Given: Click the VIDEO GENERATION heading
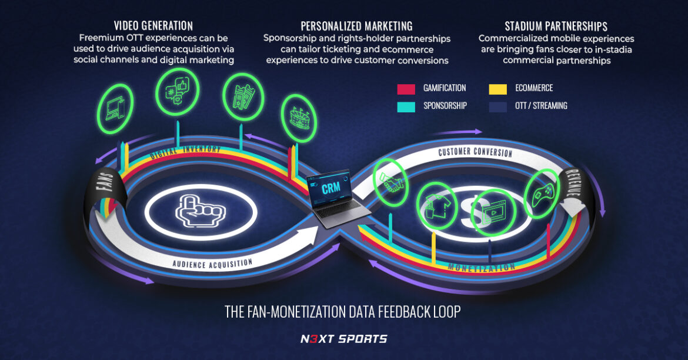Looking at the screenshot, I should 153,26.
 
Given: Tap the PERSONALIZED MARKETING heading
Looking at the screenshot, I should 356,26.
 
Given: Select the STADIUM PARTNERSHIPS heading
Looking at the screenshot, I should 556,26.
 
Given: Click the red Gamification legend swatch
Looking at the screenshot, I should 406,89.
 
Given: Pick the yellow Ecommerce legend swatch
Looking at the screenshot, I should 498,89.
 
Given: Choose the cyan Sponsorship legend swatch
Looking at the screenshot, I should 406,106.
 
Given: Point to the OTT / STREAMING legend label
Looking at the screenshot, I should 541,106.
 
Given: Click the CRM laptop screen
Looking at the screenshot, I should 332,189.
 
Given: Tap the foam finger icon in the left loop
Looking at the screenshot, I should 201,211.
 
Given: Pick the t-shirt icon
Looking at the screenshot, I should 436,205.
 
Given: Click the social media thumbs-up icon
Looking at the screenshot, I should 178,91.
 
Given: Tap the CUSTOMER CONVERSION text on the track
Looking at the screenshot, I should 475,152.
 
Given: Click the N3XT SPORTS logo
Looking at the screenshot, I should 343,338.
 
